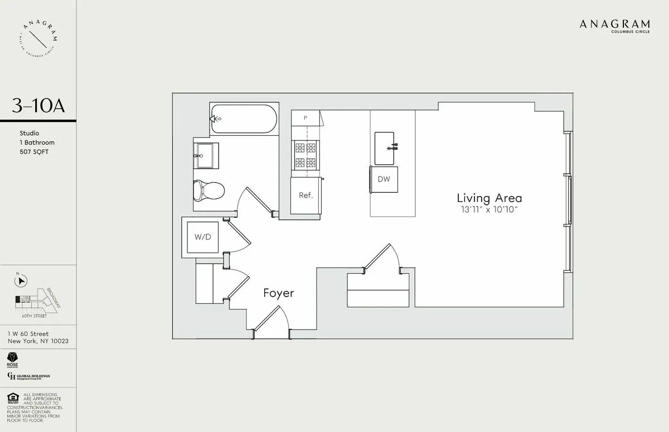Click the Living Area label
tap(489, 198)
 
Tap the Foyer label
tap(278, 293)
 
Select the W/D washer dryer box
tap(202, 237)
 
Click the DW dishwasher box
tap(384, 179)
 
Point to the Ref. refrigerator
tap(306, 195)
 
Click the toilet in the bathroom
tap(208, 190)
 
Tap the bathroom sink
tap(206, 155)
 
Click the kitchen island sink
tap(384, 148)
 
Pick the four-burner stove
tap(305, 155)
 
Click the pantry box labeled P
tap(306, 117)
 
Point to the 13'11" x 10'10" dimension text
tap(489, 210)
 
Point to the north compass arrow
tap(21, 282)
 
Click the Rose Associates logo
tap(12, 359)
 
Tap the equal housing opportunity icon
tap(12, 399)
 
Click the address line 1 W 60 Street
tap(28, 334)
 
